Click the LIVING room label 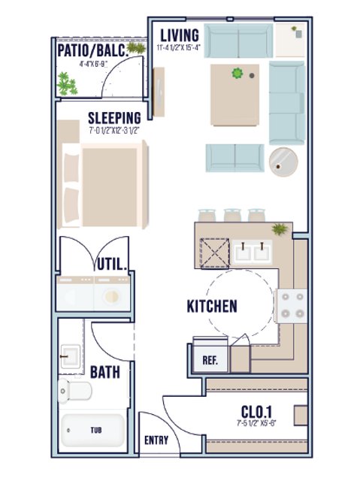pyautogui.click(x=179, y=35)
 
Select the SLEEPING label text pyautogui.click(x=114, y=118)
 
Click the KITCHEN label pyautogui.click(x=212, y=306)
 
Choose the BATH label pyautogui.click(x=105, y=372)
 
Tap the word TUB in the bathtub pyautogui.click(x=96, y=431)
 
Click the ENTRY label pyautogui.click(x=156, y=441)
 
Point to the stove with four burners pyautogui.click(x=292, y=305)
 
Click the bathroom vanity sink pyautogui.click(x=72, y=355)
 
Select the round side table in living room pyautogui.click(x=285, y=162)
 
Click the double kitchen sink pyautogui.click(x=252, y=250)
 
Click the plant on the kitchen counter pyautogui.click(x=279, y=228)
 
